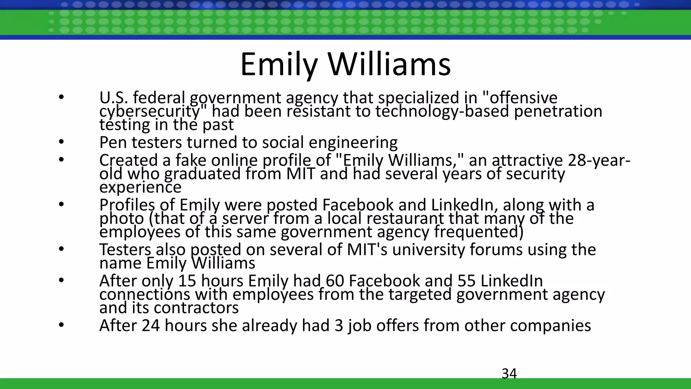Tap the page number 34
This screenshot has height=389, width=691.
pyautogui.click(x=509, y=373)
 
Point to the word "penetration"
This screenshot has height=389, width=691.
pyautogui.click(x=558, y=111)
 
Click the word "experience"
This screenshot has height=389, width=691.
pyautogui.click(x=140, y=187)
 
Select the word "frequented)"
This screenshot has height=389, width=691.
pyautogui.click(x=479, y=232)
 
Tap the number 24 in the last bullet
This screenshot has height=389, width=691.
pyautogui.click(x=150, y=326)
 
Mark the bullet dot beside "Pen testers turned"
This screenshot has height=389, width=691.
pyautogui.click(x=61, y=142)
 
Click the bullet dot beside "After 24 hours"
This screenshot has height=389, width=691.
pyautogui.click(x=61, y=326)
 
